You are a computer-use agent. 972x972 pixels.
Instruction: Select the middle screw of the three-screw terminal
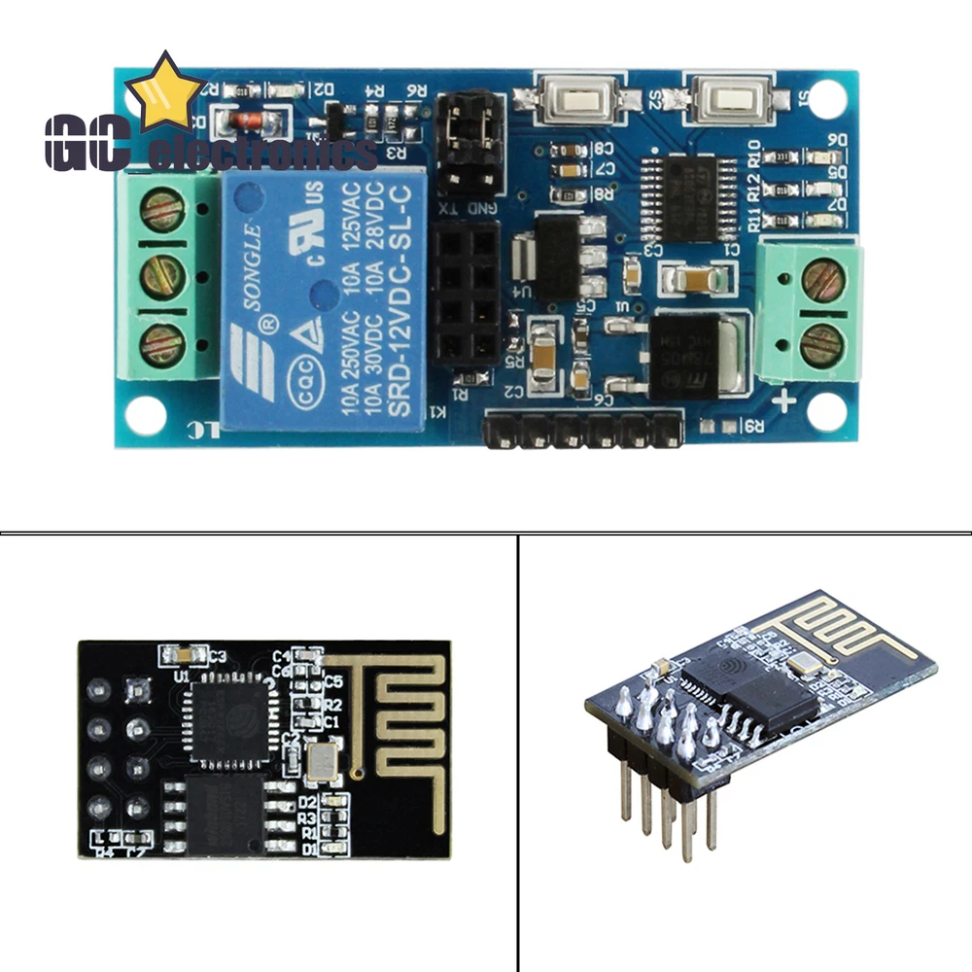click(162, 278)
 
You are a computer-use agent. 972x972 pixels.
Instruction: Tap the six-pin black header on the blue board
click(583, 429)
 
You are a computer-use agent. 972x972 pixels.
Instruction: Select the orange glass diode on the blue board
click(250, 122)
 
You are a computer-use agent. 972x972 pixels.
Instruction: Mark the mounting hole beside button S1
click(826, 95)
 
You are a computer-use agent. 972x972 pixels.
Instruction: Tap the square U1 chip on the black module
click(230, 718)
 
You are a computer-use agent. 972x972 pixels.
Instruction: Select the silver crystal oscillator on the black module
click(320, 763)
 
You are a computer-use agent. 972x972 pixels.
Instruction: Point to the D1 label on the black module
click(308, 849)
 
